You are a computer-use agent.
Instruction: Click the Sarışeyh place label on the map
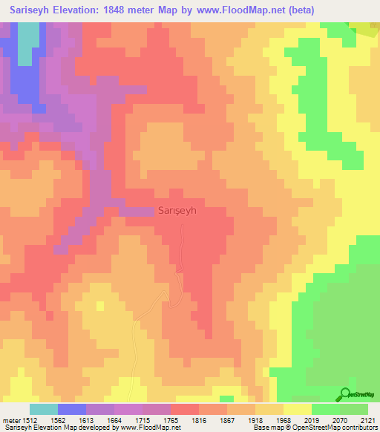[177, 210]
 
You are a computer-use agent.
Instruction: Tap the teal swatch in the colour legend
[43, 409]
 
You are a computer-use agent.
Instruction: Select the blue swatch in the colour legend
[71, 409]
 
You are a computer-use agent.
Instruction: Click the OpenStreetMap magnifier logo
[346, 395]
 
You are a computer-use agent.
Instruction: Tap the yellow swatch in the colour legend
[297, 409]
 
